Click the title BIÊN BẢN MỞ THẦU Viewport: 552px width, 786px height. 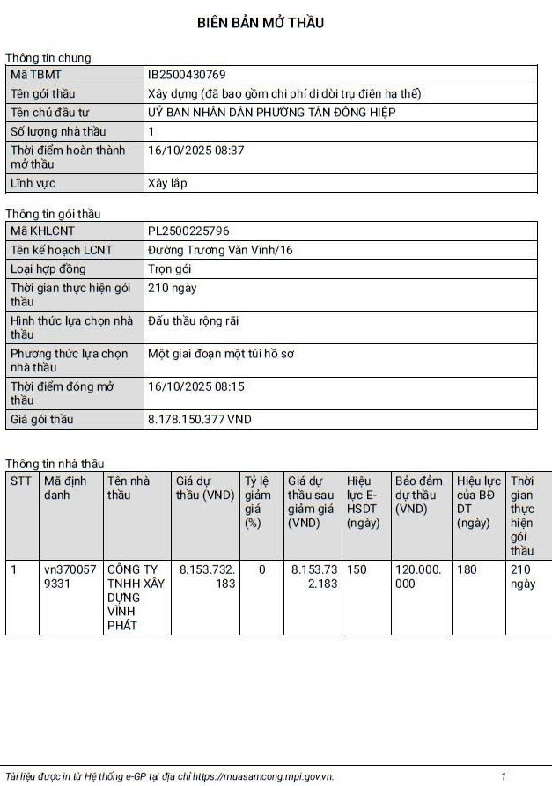(260, 23)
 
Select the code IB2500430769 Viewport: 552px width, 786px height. (187, 75)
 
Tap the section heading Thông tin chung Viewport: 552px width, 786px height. (48, 58)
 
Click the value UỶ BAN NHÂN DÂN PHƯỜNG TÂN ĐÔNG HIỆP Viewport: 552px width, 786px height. (271, 113)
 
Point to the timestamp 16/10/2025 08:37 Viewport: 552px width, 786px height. (195, 151)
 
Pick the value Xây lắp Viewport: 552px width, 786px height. (167, 184)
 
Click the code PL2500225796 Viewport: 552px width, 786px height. (188, 231)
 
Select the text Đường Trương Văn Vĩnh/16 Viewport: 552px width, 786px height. (220, 251)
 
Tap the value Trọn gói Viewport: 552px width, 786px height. (169, 269)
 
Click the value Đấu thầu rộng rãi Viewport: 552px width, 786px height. (193, 321)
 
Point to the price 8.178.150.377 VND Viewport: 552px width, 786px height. (199, 420)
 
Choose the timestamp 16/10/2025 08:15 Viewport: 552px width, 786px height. (195, 386)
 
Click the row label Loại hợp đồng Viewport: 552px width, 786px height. (48, 269)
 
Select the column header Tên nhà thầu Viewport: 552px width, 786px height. (129, 488)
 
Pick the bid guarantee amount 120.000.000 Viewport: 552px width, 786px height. (419, 577)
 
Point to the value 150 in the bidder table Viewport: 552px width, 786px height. (357, 569)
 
